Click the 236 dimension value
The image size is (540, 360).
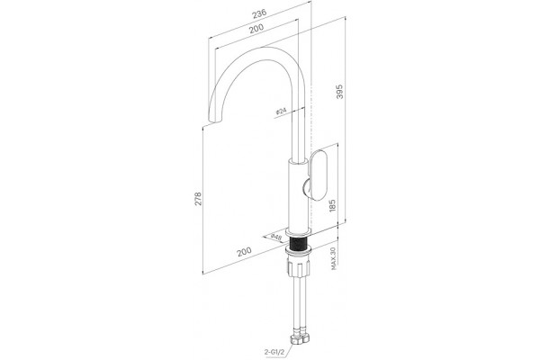click(259, 13)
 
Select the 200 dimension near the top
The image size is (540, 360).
click(256, 28)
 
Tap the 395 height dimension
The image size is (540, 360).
click(340, 91)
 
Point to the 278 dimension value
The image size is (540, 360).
click(198, 199)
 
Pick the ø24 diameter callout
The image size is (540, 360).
click(281, 111)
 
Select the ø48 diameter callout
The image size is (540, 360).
click(276, 237)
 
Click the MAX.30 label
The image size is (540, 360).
click(333, 258)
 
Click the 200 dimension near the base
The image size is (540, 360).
click(244, 251)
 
